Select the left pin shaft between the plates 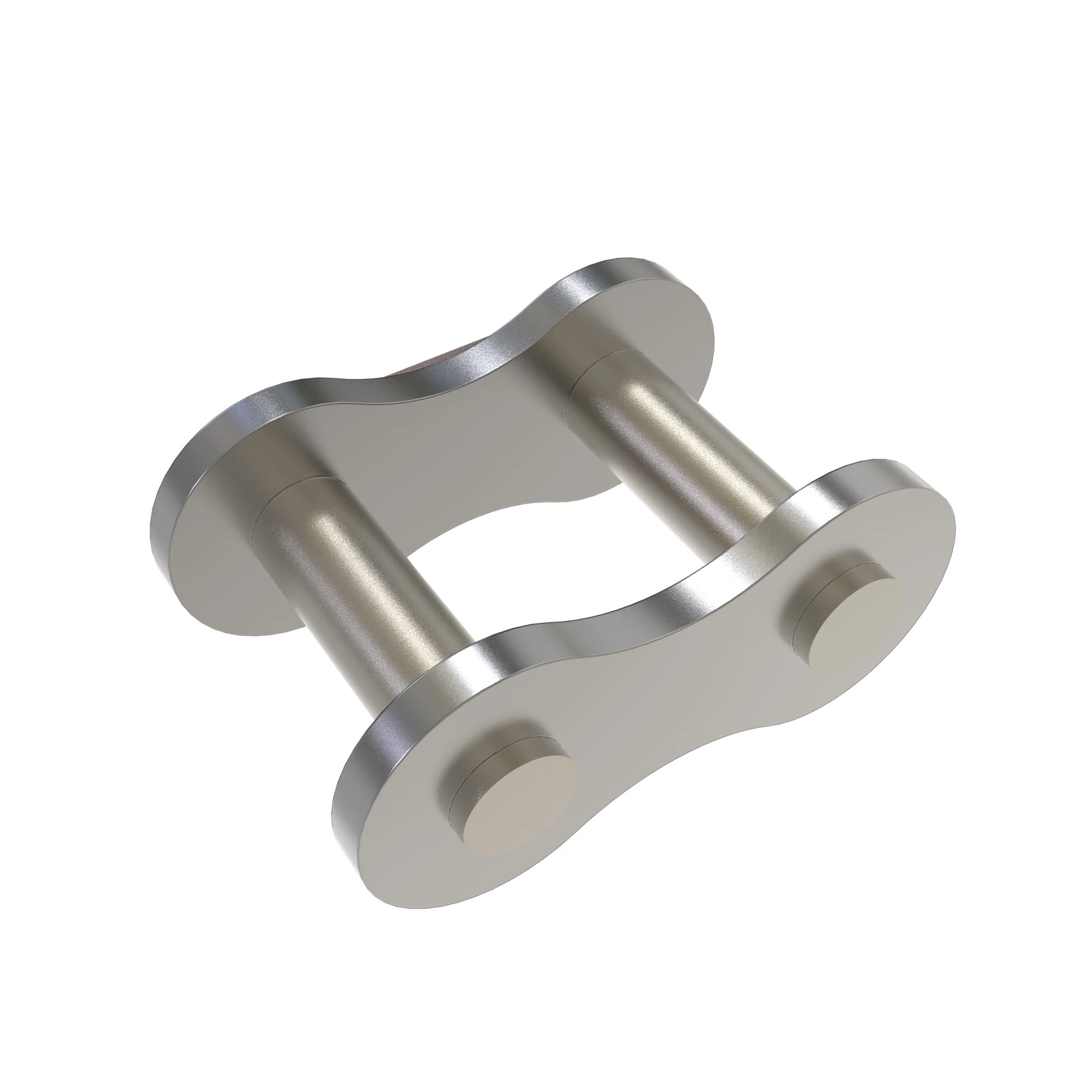[x=361, y=587]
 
